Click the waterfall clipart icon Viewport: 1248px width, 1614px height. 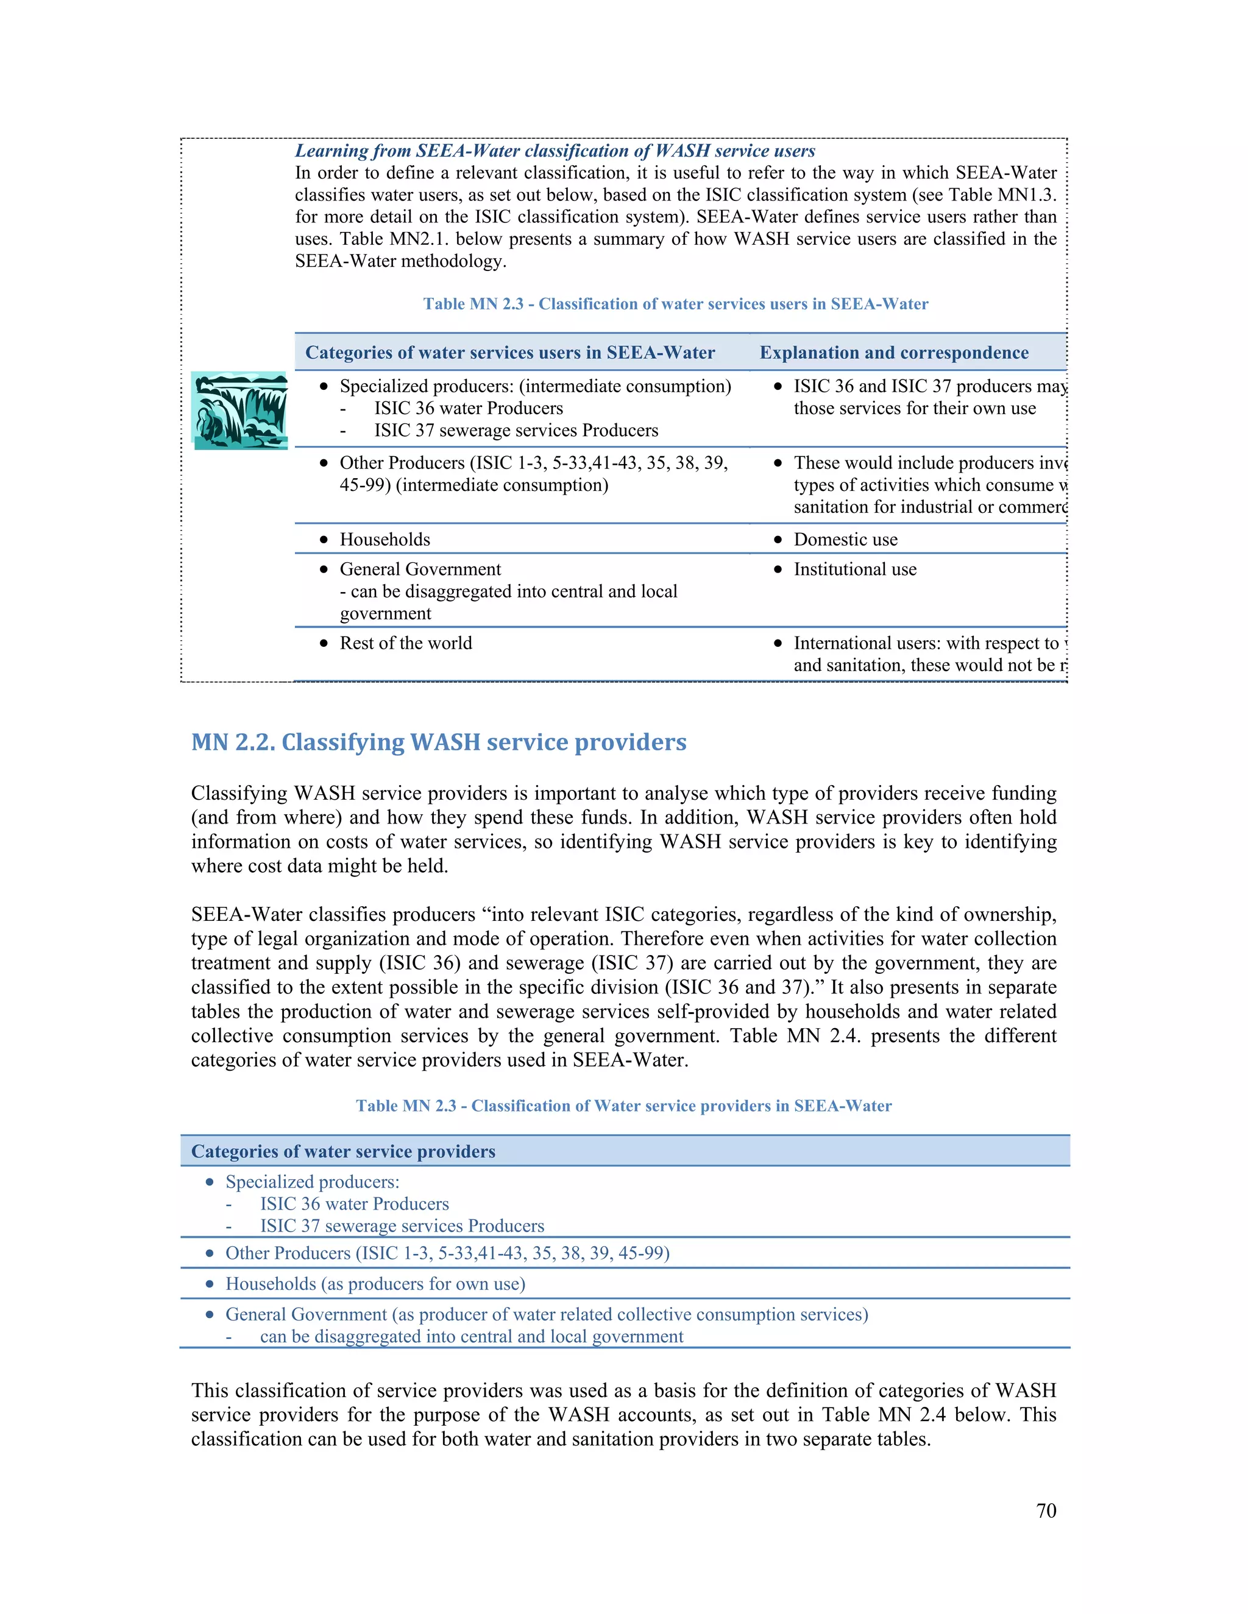click(x=239, y=411)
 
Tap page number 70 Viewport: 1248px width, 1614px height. click(x=1046, y=1510)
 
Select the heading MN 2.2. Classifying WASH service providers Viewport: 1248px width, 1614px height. click(x=438, y=742)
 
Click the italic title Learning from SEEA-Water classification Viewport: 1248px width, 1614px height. click(x=555, y=151)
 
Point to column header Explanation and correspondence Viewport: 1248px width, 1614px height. click(x=894, y=353)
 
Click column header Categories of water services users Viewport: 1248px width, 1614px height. click(x=510, y=353)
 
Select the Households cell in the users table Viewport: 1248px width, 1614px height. click(x=385, y=540)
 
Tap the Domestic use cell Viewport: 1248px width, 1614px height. click(x=845, y=540)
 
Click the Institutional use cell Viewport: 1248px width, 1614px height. click(x=855, y=569)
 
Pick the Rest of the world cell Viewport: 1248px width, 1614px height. click(x=405, y=643)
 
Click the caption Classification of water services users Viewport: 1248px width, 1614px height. click(x=675, y=304)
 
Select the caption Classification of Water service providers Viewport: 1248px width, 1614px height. click(x=623, y=1105)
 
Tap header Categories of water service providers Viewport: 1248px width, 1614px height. click(x=343, y=1151)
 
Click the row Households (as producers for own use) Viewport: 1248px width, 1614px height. click(x=375, y=1284)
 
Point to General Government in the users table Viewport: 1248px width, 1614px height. click(x=420, y=569)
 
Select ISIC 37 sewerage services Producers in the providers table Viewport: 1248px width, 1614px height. click(x=402, y=1226)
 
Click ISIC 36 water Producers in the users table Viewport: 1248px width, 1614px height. click(x=468, y=408)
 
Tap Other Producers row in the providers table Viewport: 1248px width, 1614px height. click(x=447, y=1253)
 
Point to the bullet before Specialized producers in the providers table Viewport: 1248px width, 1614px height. click(x=210, y=1182)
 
